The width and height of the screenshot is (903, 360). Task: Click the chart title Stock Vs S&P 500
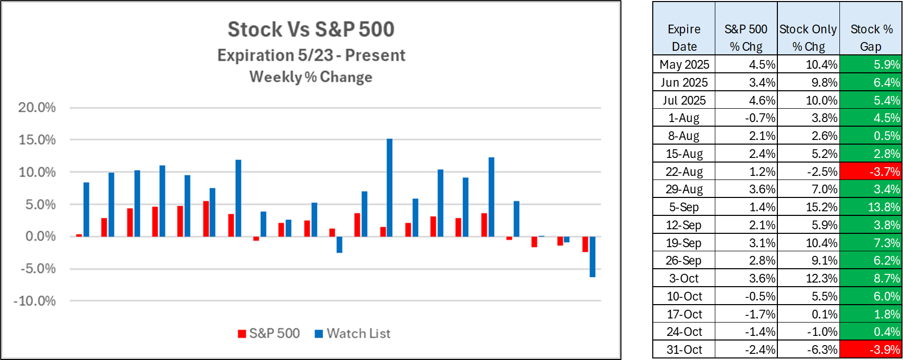click(x=311, y=29)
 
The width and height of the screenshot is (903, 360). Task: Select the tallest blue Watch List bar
click(x=390, y=188)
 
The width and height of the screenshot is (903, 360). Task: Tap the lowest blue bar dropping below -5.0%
click(x=592, y=256)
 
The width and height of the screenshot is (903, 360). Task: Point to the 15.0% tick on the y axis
click(x=37, y=139)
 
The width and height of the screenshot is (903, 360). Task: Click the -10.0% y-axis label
click(x=34, y=301)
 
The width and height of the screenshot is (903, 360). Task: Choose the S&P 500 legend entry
click(x=269, y=333)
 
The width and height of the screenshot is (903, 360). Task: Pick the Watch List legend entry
click(x=353, y=333)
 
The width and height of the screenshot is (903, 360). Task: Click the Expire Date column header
click(x=684, y=37)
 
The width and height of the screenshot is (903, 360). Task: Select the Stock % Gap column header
click(x=871, y=37)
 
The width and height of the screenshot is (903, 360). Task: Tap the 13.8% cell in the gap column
click(x=871, y=207)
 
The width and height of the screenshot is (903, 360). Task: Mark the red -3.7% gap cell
click(x=871, y=171)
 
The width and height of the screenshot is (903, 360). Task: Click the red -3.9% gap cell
click(x=871, y=350)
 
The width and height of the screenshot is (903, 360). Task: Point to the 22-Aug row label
click(x=684, y=171)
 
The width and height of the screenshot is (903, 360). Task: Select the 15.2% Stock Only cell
click(x=809, y=207)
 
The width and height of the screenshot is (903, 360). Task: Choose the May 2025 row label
click(x=684, y=65)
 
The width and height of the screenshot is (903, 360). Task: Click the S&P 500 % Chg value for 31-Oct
click(x=747, y=350)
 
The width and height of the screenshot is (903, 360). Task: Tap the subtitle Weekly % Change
click(x=311, y=77)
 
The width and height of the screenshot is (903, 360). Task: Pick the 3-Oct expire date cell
click(x=684, y=278)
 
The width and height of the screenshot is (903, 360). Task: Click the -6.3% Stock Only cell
click(x=809, y=350)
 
